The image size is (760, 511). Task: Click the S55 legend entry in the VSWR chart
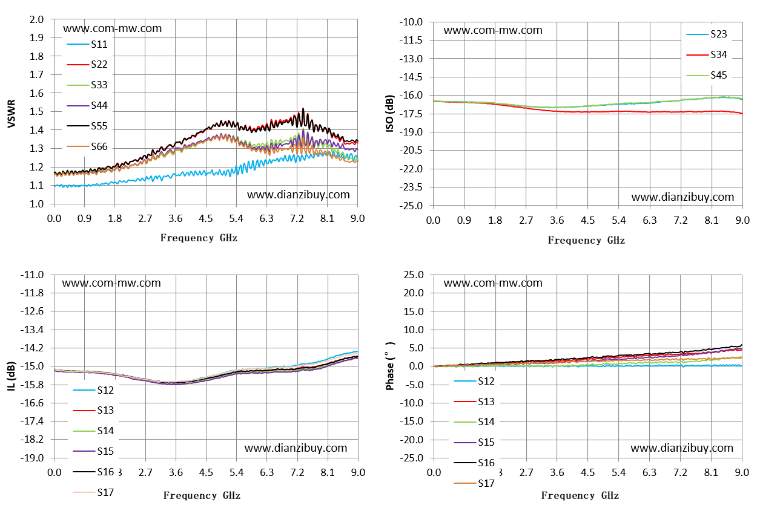point(87,126)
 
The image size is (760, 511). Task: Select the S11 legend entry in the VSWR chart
point(87,44)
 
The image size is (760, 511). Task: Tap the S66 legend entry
point(87,146)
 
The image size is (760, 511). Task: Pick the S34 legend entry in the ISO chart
point(707,54)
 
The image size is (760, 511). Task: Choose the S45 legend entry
point(707,75)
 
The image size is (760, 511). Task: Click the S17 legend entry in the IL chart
point(93,492)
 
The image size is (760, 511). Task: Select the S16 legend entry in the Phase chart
point(474,463)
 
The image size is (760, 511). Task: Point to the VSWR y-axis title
point(11,114)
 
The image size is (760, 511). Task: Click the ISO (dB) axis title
point(390,114)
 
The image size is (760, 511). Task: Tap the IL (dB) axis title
point(11,376)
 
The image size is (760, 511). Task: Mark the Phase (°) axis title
point(390,366)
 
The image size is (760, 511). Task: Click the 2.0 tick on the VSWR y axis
point(37,19)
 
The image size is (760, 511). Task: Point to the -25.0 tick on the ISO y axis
point(411,206)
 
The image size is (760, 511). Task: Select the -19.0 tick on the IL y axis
point(32,458)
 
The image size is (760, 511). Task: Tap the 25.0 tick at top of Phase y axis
point(414,275)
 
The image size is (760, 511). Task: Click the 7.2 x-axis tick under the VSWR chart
point(297,218)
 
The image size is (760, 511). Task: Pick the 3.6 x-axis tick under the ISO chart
point(557,221)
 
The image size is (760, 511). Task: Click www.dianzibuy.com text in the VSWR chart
point(298,195)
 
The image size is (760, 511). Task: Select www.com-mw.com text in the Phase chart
point(493,283)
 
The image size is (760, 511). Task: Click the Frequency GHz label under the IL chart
point(202,495)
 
